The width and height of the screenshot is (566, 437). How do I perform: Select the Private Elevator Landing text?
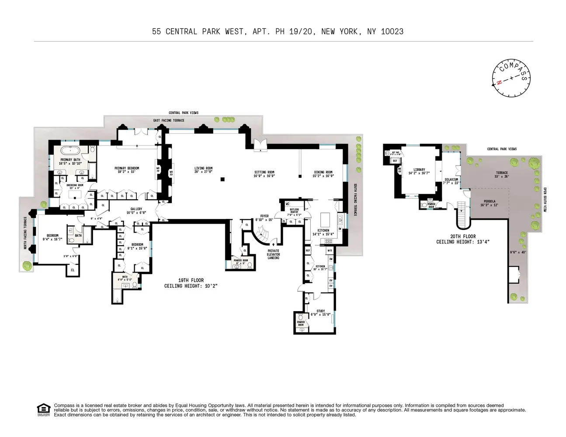(x=274, y=254)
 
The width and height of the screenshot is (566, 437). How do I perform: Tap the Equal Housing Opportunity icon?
(x=43, y=410)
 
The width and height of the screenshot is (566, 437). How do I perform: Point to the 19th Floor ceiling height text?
(x=191, y=283)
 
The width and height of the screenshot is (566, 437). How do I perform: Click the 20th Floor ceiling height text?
(x=462, y=239)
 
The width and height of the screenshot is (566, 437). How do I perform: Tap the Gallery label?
(x=136, y=211)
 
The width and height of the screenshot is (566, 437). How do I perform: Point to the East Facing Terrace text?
(x=169, y=120)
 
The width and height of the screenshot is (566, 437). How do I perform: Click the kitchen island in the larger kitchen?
(x=324, y=218)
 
